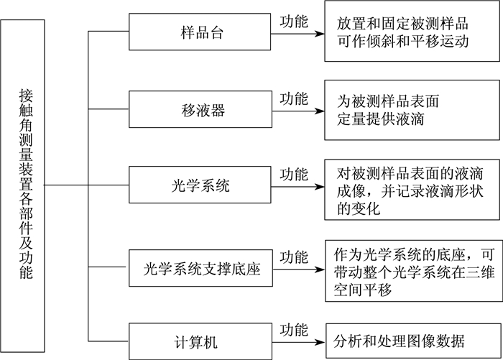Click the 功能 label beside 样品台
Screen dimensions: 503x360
293,21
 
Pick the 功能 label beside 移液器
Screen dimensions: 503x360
293,98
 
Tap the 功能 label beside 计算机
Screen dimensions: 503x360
293,330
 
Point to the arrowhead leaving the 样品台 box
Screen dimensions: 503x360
320,33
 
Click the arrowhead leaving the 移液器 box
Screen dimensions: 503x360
320,111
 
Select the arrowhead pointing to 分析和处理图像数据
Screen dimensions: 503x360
320,342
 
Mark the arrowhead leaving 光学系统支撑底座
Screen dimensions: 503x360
320,269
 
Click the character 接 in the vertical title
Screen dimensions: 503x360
26,96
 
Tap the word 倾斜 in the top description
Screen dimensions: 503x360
382,42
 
